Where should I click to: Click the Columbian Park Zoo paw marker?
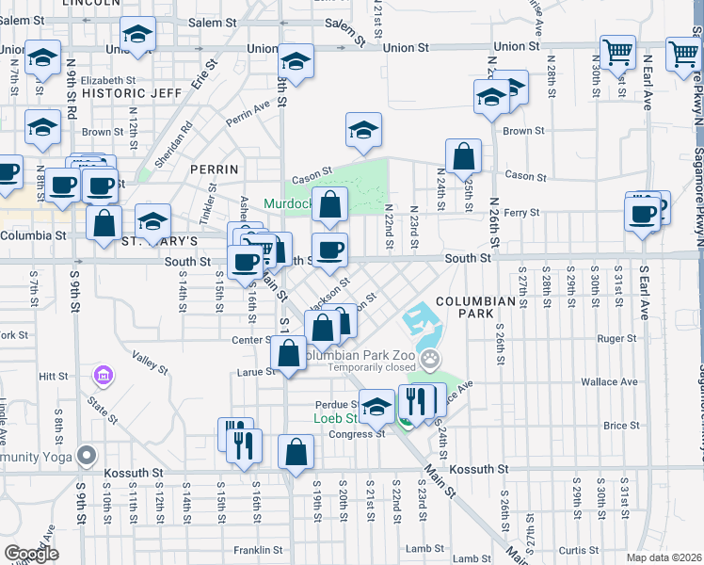(x=430, y=358)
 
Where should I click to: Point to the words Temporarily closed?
(x=367, y=368)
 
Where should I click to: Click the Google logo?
(x=31, y=554)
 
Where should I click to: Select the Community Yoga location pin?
(x=87, y=455)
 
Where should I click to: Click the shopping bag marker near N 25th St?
(x=464, y=156)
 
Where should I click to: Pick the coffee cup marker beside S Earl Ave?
(x=643, y=213)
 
